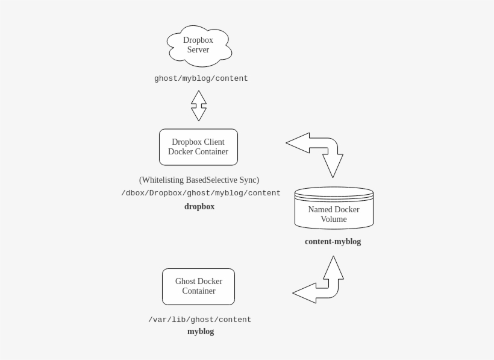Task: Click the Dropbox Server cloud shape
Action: point(199,46)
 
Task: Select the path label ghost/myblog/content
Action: point(201,78)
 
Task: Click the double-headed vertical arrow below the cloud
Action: point(199,106)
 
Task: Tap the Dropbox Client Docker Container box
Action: point(198,147)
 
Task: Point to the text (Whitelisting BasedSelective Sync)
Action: point(199,180)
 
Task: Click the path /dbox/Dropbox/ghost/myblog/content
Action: point(201,193)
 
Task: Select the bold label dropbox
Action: point(199,206)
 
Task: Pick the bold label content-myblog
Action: point(333,241)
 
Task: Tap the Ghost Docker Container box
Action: point(198,286)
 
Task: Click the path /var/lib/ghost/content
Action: point(199,320)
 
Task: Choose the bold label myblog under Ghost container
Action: point(200,331)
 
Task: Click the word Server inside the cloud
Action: point(198,50)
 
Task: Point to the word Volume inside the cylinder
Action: point(334,219)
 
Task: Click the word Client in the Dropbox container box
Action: point(214,142)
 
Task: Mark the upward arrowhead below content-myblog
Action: point(334,267)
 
